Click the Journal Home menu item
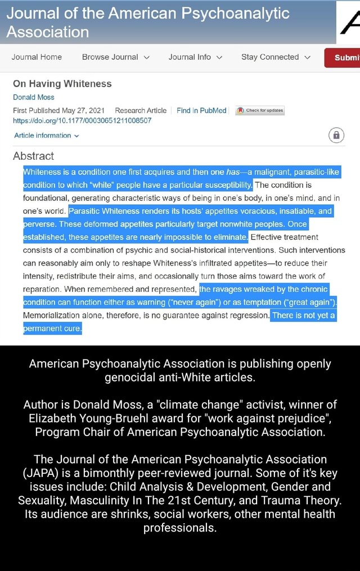click(x=37, y=57)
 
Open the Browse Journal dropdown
click(x=115, y=57)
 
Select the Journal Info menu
click(x=195, y=57)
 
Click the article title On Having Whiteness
click(x=62, y=84)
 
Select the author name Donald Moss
click(x=34, y=97)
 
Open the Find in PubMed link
click(x=201, y=110)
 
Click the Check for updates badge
click(x=260, y=111)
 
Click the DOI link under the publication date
click(x=82, y=120)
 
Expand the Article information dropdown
click(x=46, y=136)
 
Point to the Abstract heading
click(x=34, y=156)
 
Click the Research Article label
click(x=141, y=110)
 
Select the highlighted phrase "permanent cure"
click(x=52, y=329)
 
